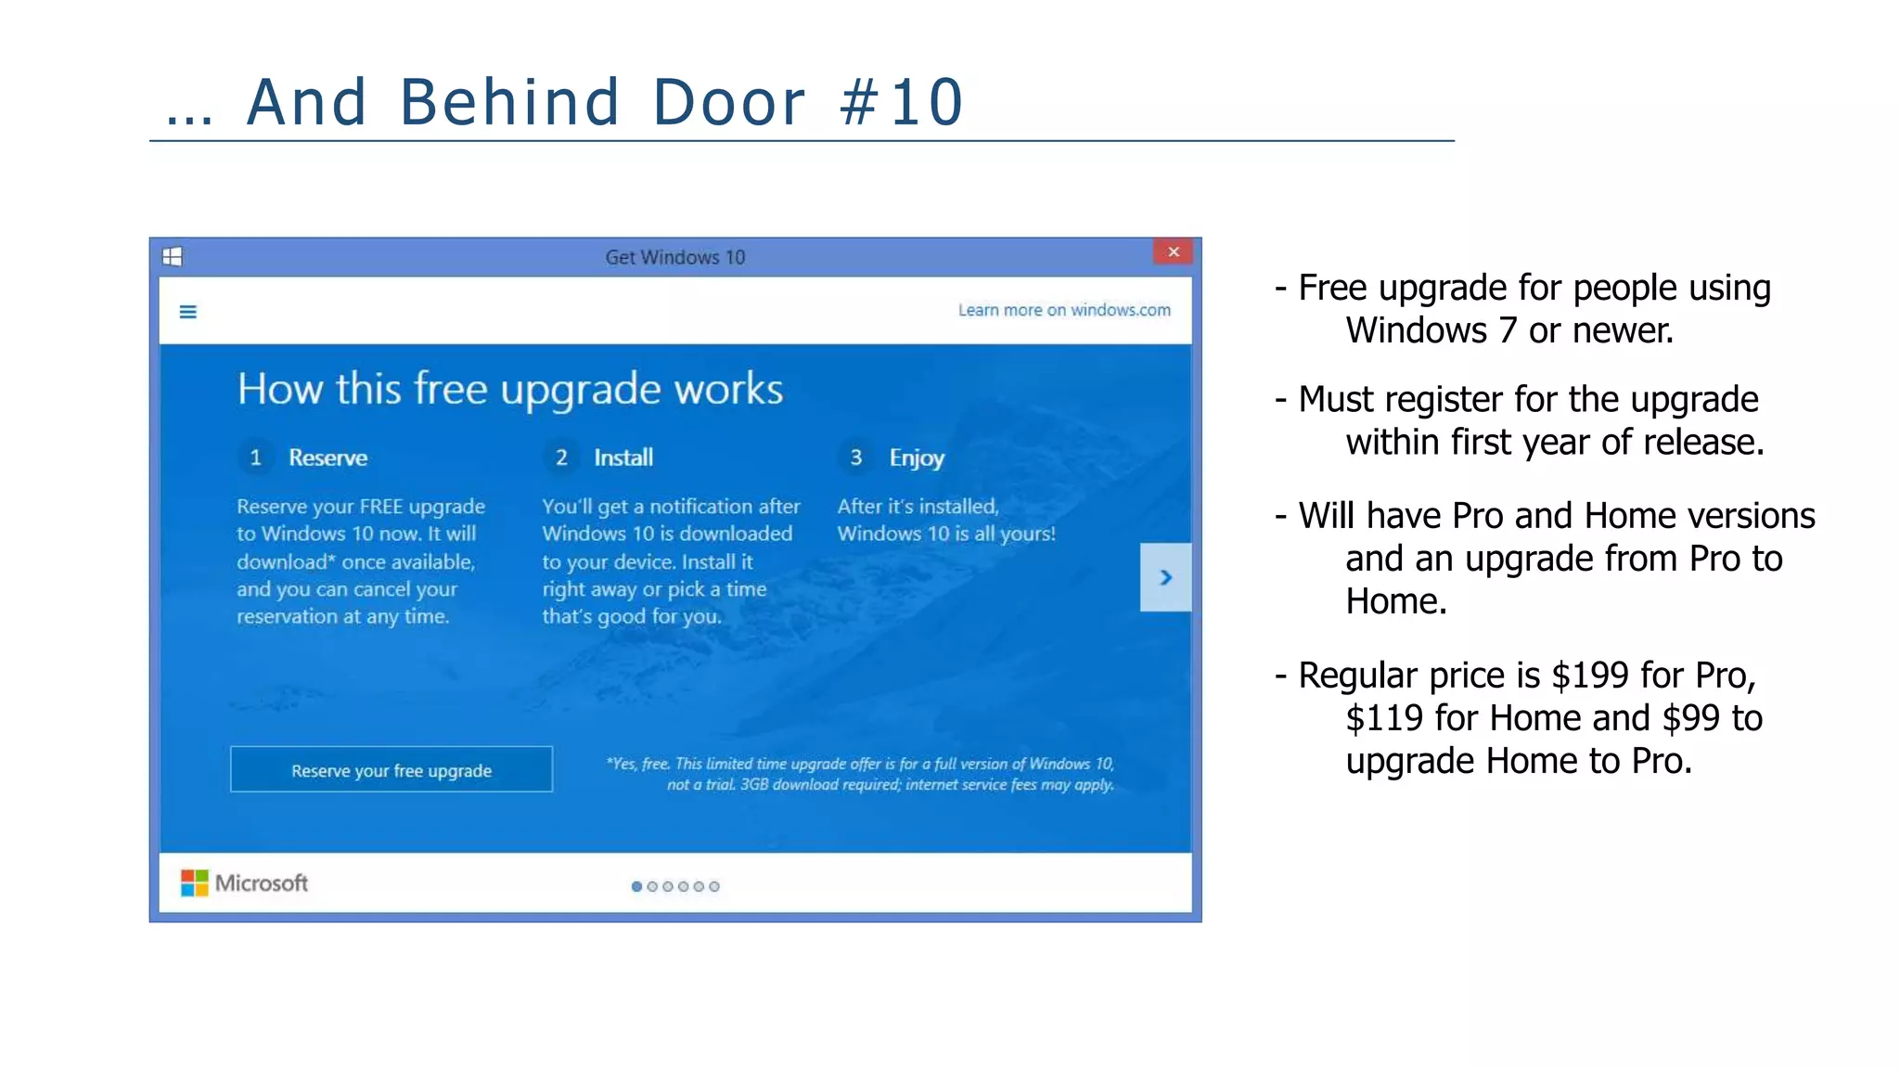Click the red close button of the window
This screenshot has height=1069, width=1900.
pyautogui.click(x=1173, y=251)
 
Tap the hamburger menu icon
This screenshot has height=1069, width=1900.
pyautogui.click(x=187, y=312)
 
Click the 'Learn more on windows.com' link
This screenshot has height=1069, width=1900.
pyautogui.click(x=1063, y=310)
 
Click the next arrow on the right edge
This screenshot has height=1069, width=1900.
pyautogui.click(x=1165, y=577)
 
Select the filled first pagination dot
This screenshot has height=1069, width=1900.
pyautogui.click(x=636, y=886)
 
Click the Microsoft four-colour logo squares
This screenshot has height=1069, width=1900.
pyautogui.click(x=194, y=882)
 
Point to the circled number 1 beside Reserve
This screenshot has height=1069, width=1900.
pyautogui.click(x=256, y=457)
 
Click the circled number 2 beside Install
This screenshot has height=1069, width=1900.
pyautogui.click(x=561, y=457)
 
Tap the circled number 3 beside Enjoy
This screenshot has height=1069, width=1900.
pyautogui.click(x=855, y=457)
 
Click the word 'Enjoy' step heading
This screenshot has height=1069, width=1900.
pyautogui.click(x=917, y=457)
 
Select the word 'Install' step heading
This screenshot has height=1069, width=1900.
pyautogui.click(x=623, y=457)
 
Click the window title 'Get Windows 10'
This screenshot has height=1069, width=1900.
pyautogui.click(x=674, y=257)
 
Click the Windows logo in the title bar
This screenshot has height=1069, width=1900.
pyautogui.click(x=173, y=257)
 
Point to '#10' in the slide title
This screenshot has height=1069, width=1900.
pyautogui.click(x=901, y=102)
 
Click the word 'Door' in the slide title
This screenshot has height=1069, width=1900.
pyautogui.click(x=729, y=102)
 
